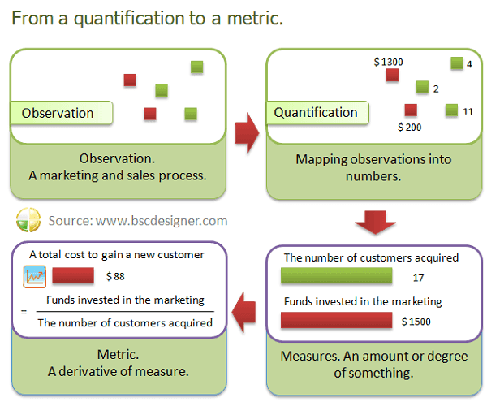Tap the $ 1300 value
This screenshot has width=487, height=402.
[388, 61]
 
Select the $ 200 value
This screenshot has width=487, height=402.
[409, 127]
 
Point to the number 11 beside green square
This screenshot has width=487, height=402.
[468, 111]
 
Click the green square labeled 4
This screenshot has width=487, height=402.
[456, 63]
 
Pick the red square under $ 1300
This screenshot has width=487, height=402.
[392, 76]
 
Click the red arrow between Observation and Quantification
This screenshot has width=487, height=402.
[247, 132]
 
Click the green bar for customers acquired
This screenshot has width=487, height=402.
[336, 278]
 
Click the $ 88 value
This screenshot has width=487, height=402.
[114, 276]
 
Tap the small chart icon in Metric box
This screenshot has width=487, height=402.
[35, 277]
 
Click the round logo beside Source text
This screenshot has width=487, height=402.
[28, 220]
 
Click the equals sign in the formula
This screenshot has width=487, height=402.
[24, 312]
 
